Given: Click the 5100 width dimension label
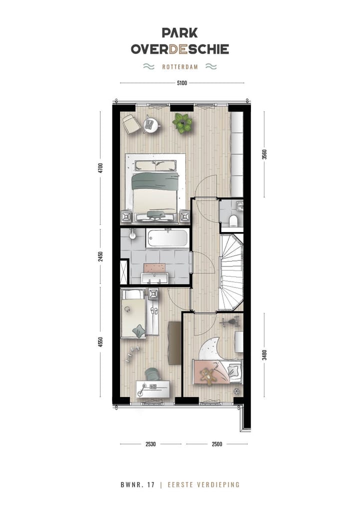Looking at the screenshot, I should tap(181, 83).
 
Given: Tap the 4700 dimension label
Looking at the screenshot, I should tap(100, 168).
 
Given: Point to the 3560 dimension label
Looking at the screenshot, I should tap(264, 154).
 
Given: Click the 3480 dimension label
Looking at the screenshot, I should tap(264, 355).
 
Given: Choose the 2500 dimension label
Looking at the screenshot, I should tap(217, 444).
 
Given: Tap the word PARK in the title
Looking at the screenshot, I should tap(179, 33).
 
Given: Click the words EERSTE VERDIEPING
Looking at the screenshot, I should tap(203, 485).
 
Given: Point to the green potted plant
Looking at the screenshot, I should tap(182, 122).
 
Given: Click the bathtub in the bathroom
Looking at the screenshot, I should tap(167, 238).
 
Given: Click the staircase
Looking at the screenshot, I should tap(231, 272).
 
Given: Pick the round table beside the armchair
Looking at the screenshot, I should tap(150, 124).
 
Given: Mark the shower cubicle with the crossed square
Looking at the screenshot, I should tap(124, 271).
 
